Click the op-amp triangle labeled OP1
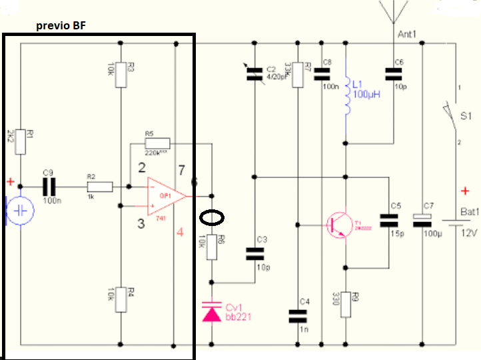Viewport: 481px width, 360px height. click(165, 196)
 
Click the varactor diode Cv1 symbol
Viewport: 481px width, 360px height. click(212, 310)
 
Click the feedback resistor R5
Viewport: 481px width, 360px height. click(157, 143)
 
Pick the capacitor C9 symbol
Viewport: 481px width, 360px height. click(48, 186)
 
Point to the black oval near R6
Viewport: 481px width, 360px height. click(213, 218)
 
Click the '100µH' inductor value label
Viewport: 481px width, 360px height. click(367, 95)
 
